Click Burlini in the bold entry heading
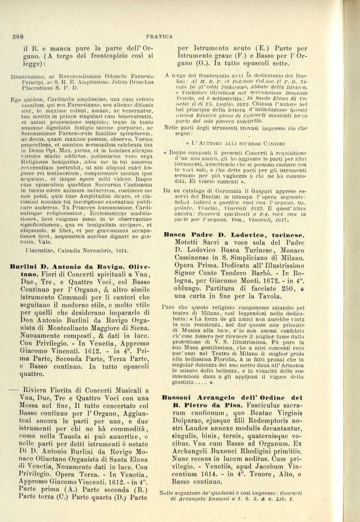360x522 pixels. (x=25, y=266)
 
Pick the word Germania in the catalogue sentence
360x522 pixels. (x=247, y=190)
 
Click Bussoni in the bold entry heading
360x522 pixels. (x=179, y=398)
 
